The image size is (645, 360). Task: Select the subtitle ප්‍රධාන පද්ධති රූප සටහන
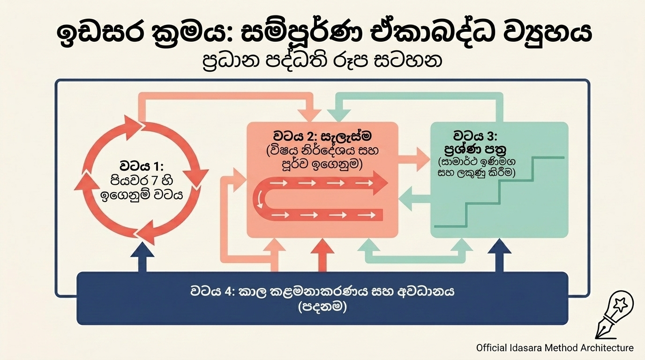pyautogui.click(x=322, y=61)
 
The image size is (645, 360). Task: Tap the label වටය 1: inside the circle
pyautogui.click(x=142, y=166)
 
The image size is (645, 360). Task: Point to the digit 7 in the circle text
pyautogui.click(x=154, y=181)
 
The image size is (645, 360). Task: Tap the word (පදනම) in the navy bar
pyautogui.click(x=322, y=307)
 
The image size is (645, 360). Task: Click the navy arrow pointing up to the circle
pyautogui.click(x=142, y=257)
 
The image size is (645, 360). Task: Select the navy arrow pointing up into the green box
pyautogui.click(x=499, y=257)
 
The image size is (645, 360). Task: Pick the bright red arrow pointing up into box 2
pyautogui.click(x=322, y=256)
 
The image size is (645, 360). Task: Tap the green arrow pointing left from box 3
pyautogui.click(x=415, y=199)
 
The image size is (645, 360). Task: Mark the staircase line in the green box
pyautogui.click(x=499, y=192)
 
